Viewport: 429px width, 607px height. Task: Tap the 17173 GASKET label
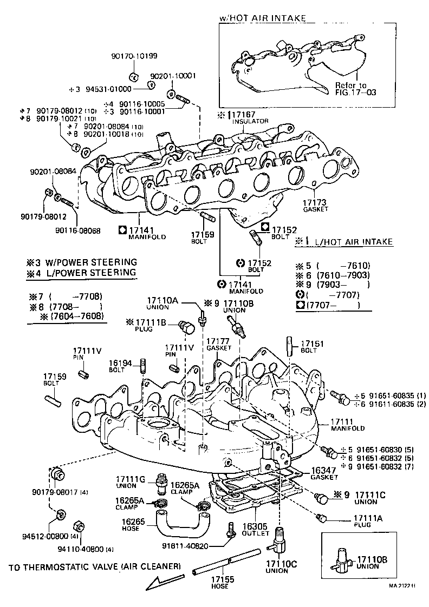pos(315,204)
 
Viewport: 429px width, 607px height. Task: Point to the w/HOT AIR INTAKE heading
pos(263,18)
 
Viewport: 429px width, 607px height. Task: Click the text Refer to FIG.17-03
pos(354,89)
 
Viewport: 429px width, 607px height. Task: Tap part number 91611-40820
pos(185,545)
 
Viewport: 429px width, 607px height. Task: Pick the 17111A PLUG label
pos(369,520)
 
